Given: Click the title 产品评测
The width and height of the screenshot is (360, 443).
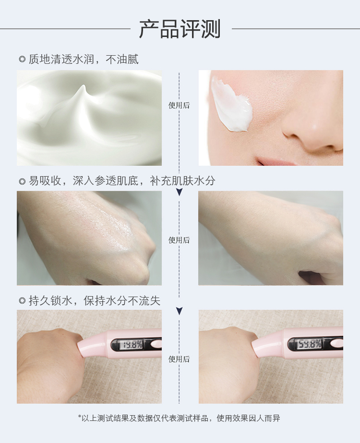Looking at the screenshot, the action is tap(180, 28).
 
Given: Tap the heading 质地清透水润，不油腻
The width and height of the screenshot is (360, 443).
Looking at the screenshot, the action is tap(84, 60).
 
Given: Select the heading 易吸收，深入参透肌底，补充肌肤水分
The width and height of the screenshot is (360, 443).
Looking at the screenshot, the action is tap(122, 181).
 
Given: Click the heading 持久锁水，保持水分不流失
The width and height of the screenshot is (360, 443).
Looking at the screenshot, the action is tap(95, 300).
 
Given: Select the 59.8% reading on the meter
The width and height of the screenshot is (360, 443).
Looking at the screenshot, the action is tap(310, 344).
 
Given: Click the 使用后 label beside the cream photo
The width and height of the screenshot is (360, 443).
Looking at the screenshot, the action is tap(179, 106).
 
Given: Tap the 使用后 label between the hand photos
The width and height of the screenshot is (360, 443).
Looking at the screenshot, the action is tap(179, 240).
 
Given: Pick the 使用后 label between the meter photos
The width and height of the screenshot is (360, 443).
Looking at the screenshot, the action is tap(179, 359).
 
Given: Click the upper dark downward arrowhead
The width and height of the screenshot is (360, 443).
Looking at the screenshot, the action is tap(179, 192).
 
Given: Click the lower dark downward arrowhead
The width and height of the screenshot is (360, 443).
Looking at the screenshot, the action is tap(179, 311).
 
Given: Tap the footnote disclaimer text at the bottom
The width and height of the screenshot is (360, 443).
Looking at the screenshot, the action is tap(179, 418).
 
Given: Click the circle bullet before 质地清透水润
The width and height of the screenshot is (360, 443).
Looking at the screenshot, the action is tap(22, 60).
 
